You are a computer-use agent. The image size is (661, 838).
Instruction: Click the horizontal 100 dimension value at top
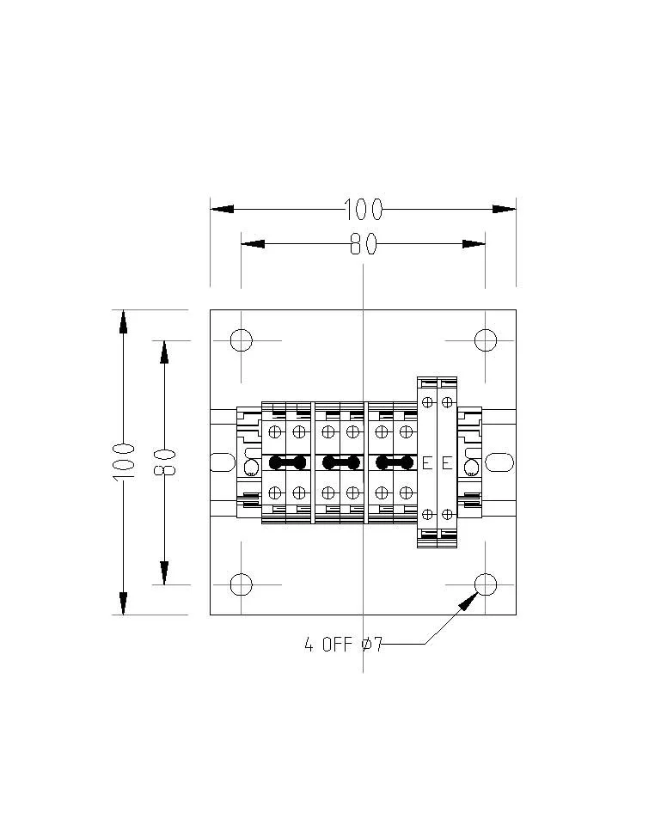point(363,209)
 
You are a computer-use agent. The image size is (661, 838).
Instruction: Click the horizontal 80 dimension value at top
point(363,245)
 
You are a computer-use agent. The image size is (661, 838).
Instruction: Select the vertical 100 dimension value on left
point(124,462)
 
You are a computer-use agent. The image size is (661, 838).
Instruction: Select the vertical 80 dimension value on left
point(164,462)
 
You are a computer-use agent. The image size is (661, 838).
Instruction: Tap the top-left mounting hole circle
point(242,340)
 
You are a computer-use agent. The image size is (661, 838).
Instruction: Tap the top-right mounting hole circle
point(486,340)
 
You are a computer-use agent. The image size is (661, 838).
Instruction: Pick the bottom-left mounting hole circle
point(242,584)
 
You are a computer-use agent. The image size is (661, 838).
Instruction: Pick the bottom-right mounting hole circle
point(486,584)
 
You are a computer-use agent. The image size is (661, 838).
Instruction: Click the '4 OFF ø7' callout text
point(342,644)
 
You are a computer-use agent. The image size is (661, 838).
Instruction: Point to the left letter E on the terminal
point(426,463)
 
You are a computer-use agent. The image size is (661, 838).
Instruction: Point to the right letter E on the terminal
point(446,463)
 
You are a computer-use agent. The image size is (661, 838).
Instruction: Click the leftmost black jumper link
point(287,462)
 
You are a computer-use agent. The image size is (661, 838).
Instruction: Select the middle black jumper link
point(341,462)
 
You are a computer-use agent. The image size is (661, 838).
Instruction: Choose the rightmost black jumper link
point(395,462)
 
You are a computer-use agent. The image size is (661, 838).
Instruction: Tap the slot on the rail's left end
point(217,462)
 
